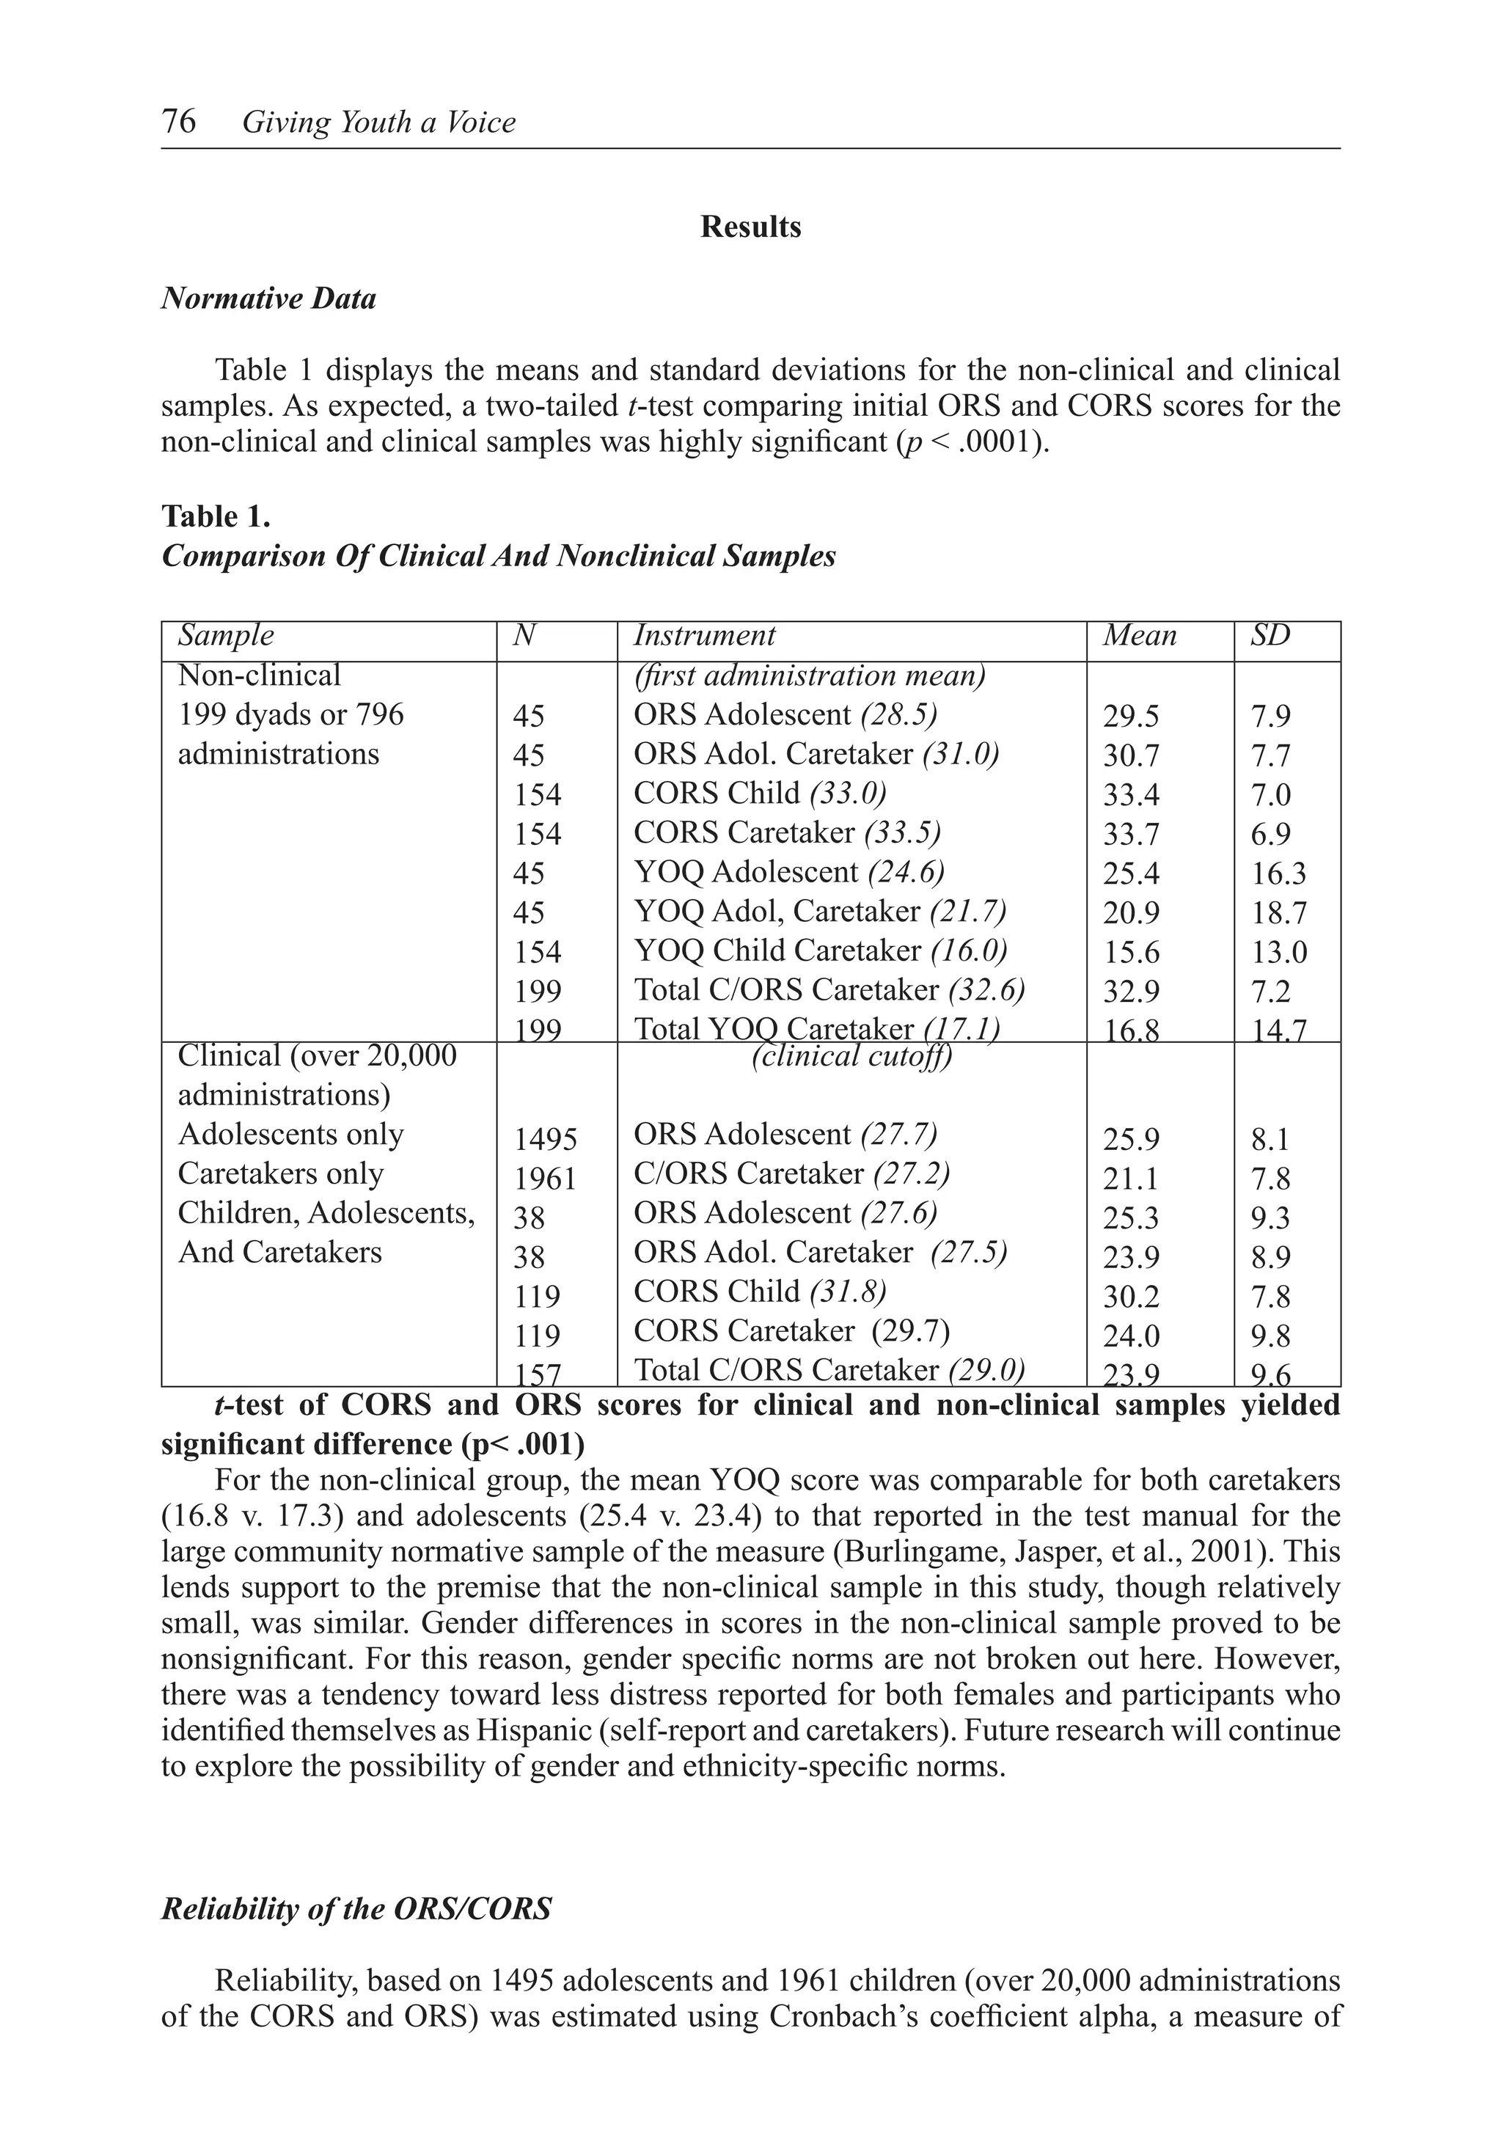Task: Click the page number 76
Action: click(178, 122)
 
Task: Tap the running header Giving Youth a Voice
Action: click(378, 122)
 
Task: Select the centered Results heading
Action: click(750, 227)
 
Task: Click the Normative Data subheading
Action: click(268, 299)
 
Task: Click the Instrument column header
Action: click(705, 636)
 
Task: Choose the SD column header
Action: click(1270, 636)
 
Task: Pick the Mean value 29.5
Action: click(1131, 716)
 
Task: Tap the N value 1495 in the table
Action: click(545, 1139)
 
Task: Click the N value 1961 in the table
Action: click(545, 1179)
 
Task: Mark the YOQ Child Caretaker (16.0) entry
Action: click(821, 951)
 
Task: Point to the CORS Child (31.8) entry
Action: click(759, 1291)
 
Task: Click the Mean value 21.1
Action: click(1131, 1179)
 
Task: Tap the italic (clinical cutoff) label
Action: click(851, 1056)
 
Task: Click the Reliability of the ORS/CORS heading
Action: click(356, 1908)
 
